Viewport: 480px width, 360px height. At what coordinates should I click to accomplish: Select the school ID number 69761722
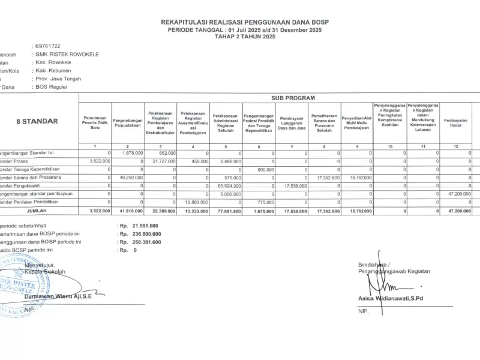click(47, 46)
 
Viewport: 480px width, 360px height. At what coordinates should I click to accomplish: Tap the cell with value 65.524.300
click(227, 186)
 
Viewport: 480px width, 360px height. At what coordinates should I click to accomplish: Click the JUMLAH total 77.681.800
click(227, 211)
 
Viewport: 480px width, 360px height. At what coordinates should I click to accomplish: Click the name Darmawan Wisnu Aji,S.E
click(58, 296)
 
